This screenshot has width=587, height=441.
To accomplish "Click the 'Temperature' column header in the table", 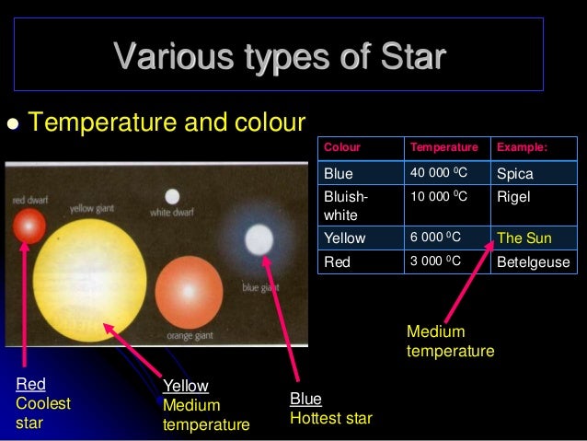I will [444, 147].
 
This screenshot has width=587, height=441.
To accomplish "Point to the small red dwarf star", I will [28, 225].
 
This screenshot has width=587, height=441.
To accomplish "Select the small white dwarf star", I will [172, 196].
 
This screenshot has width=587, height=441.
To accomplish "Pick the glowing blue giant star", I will [259, 240].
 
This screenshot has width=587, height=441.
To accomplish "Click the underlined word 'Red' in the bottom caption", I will [30, 384].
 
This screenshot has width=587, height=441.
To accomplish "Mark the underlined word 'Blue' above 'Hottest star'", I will [305, 399].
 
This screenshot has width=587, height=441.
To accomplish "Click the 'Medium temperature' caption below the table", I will [450, 341].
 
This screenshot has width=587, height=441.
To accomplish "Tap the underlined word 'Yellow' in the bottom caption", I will [185, 386].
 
